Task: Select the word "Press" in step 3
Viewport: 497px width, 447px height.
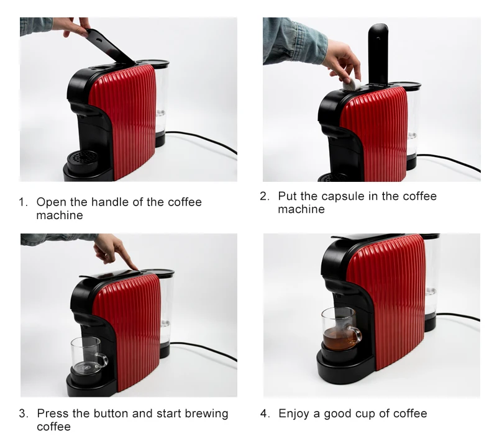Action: tap(52, 413)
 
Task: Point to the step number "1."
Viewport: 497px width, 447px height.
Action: tap(24, 202)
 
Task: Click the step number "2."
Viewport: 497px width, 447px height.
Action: tap(265, 196)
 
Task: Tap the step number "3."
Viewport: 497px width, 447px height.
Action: tap(24, 413)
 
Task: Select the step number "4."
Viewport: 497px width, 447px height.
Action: tap(265, 413)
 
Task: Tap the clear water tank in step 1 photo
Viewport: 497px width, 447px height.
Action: tap(160, 99)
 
